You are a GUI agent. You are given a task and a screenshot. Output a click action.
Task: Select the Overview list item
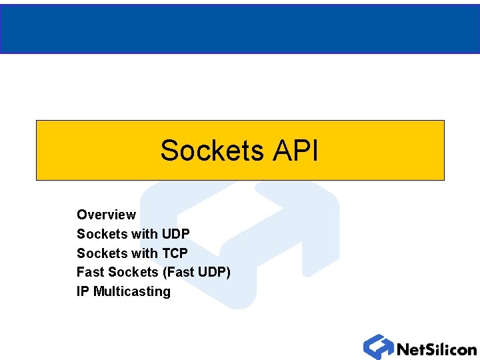tap(106, 215)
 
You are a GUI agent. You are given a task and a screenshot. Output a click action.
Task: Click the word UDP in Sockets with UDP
tap(175, 234)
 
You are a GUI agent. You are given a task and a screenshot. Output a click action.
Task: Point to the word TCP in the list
tap(175, 253)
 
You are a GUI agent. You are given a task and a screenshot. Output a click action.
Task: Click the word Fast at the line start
tap(90, 272)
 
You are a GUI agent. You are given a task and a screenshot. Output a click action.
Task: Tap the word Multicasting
tap(132, 291)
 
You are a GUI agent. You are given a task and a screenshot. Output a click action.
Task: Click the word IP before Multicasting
tap(83, 291)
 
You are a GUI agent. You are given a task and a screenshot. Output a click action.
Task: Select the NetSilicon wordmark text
tap(436, 349)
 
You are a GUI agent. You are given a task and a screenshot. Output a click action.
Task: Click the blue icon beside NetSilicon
tap(378, 347)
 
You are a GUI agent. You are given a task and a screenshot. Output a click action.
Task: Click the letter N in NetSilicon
tap(403, 349)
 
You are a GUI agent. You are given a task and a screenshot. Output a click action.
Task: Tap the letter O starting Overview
tap(81, 215)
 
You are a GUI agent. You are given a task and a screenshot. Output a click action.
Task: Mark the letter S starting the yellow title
tap(168, 151)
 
